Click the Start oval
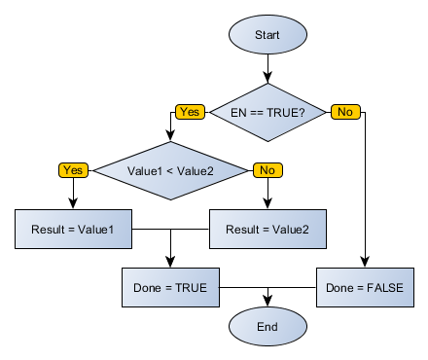(x=267, y=35)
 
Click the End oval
(x=267, y=327)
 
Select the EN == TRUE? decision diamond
(x=267, y=112)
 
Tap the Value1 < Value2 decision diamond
(x=170, y=170)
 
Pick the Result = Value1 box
(x=73, y=230)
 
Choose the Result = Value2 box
(x=267, y=230)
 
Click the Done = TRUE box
(x=170, y=288)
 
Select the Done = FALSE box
(x=365, y=288)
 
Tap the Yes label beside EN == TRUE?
(x=190, y=112)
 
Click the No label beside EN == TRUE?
(x=344, y=112)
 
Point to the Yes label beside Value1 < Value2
(x=73, y=170)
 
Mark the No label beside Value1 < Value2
(x=267, y=170)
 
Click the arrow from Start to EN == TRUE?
(x=267, y=68)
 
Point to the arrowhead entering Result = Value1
(x=73, y=204)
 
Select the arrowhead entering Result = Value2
(x=267, y=204)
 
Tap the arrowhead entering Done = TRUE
(x=170, y=263)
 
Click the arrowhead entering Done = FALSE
(x=365, y=263)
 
